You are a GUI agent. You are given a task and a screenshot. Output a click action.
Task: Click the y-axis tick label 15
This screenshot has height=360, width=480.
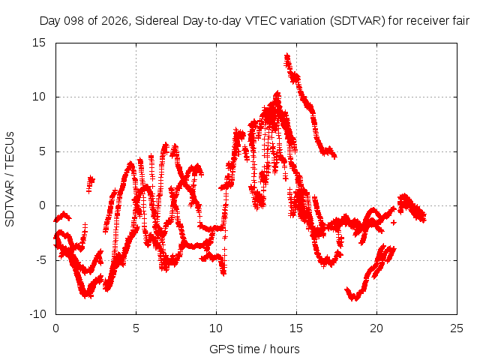(x=39, y=43)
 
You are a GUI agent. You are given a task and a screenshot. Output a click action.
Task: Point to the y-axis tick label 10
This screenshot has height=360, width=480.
(x=39, y=97)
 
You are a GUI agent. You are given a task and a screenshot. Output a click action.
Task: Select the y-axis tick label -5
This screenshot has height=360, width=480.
(x=40, y=260)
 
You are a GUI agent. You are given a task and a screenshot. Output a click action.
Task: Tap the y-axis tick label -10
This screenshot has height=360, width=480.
(x=37, y=314)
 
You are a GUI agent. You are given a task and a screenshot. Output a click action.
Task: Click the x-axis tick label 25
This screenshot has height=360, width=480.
(x=457, y=328)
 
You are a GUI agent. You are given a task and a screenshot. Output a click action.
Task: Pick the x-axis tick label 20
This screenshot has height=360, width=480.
(x=376, y=328)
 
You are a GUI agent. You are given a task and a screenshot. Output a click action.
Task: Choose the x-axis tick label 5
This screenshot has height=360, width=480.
(x=136, y=328)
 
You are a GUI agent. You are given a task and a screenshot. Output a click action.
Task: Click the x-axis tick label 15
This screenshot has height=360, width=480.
(x=296, y=328)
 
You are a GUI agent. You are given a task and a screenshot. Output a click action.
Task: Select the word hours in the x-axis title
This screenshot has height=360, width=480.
(x=285, y=349)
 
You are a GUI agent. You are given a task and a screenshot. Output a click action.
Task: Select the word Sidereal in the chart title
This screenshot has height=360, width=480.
(x=157, y=21)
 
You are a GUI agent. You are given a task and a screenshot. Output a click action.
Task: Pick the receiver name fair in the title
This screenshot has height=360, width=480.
(x=461, y=21)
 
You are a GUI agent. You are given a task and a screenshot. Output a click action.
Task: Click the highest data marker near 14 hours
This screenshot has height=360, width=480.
(x=286, y=56)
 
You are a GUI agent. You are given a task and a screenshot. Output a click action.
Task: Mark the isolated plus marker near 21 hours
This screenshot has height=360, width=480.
(x=393, y=223)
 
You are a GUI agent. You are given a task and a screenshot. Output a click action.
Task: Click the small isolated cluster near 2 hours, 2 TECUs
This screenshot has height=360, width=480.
(x=90, y=184)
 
